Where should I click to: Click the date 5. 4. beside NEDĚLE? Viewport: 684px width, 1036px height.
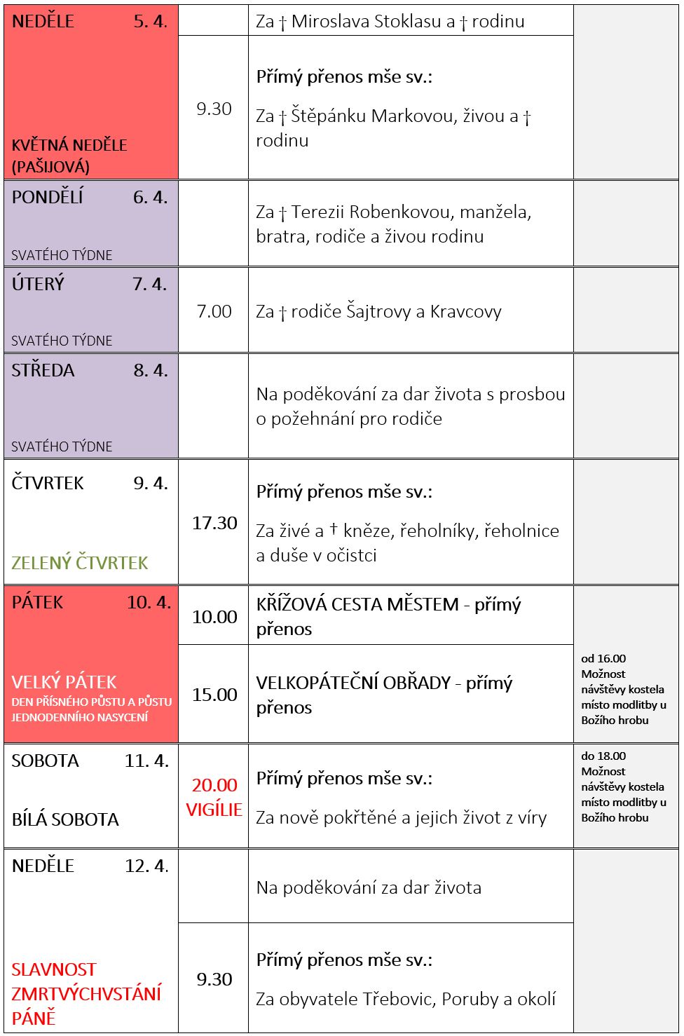pos(150,22)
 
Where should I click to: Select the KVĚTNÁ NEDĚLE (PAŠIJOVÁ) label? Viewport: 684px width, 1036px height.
pos(69,156)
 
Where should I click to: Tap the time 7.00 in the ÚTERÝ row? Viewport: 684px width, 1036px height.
pos(214,311)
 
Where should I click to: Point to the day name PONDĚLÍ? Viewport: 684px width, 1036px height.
pos(48,198)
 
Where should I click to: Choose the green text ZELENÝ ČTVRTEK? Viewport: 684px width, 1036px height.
pos(80,563)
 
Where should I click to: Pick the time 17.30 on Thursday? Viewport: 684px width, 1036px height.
pos(214,523)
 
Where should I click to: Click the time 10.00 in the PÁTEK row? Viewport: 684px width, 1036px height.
pos(214,617)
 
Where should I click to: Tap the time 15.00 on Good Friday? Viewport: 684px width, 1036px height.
pos(214,695)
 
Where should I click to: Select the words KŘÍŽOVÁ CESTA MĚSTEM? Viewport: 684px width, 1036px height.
pos(357,605)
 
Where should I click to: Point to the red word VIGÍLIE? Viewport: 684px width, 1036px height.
pos(214,810)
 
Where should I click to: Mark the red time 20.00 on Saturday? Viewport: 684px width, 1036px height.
pos(214,785)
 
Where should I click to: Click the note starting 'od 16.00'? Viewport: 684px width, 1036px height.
pos(623,689)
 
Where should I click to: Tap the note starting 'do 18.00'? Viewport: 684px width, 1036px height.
pos(623,786)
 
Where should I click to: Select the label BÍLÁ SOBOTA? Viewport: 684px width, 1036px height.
pos(65,819)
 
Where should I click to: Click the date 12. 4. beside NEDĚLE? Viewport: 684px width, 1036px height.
pos(146,866)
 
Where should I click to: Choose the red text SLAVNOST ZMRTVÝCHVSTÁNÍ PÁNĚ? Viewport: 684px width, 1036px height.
pos(85,994)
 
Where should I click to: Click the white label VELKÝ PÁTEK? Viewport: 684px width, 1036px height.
pos(64,682)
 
